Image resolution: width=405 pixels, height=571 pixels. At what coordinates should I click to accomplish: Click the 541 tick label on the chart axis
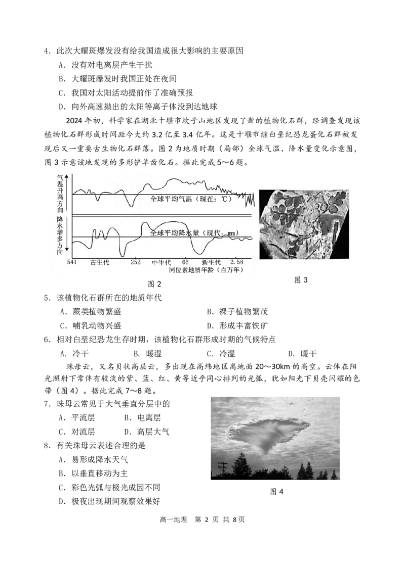pyautogui.click(x=71, y=262)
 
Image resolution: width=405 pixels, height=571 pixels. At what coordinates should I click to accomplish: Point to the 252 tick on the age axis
pyautogui.click(x=135, y=262)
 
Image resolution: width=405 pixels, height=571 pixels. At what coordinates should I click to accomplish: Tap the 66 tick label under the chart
pyautogui.click(x=185, y=262)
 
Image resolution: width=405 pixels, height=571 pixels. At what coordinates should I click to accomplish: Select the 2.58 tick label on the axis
pyautogui.click(x=237, y=262)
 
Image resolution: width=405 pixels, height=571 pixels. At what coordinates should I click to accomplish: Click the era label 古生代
pyautogui.click(x=100, y=262)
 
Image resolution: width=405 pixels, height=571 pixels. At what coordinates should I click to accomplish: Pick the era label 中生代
pyautogui.click(x=161, y=262)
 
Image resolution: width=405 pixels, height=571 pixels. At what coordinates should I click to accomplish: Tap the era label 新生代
pyautogui.click(x=211, y=262)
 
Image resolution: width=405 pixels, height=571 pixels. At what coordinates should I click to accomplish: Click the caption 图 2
pyautogui.click(x=154, y=284)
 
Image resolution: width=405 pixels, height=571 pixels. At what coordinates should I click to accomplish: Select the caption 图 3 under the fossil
pyautogui.click(x=301, y=279)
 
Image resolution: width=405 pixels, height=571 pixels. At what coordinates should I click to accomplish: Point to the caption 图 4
pyautogui.click(x=276, y=492)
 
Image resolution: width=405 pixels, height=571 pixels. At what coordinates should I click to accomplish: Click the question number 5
pyautogui.click(x=47, y=298)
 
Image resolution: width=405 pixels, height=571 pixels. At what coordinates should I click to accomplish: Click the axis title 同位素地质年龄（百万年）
pyautogui.click(x=206, y=270)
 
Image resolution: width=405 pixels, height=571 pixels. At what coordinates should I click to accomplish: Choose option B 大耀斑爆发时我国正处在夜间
pyautogui.click(x=118, y=79)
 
